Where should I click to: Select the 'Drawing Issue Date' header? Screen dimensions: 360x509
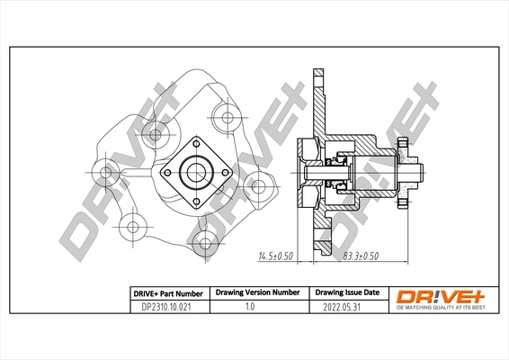pos(346,292)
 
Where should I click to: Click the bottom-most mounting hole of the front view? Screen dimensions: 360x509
pos(204,241)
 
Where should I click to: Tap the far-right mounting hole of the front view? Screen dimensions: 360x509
pos(259,187)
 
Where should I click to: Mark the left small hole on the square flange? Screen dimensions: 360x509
pos(167,171)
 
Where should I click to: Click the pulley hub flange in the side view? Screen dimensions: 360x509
pos(404,171)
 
